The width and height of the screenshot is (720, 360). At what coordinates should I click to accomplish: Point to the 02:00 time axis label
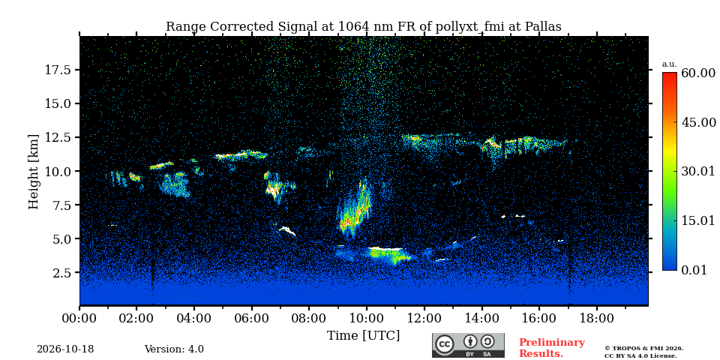coord(136,318)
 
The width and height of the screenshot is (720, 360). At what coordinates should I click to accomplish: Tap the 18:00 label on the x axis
coord(596,318)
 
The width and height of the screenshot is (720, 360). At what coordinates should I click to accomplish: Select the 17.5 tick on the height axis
coord(58,70)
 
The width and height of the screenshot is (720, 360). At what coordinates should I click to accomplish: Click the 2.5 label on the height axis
coord(62,273)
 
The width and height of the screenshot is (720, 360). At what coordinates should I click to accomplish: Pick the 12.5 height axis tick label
coord(58,137)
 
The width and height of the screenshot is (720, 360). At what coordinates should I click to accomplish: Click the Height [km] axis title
coord(34,172)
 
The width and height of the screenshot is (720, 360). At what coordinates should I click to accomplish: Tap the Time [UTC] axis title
coord(363,336)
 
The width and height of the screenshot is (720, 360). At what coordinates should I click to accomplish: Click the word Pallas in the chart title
coord(542,27)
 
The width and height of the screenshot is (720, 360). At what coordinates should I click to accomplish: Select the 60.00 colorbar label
coord(698,73)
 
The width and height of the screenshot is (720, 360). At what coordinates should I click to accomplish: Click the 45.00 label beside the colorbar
coord(698,122)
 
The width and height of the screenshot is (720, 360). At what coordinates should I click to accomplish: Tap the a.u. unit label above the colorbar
coord(669,64)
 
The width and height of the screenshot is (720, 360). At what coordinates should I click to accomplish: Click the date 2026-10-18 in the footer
coord(65,349)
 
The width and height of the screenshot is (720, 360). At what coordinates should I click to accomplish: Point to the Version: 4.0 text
coord(174,349)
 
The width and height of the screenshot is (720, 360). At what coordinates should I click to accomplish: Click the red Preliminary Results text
coord(552,348)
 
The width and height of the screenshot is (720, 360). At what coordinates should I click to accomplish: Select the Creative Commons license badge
coord(468,345)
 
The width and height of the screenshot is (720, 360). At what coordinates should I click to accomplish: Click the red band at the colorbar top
coord(670,75)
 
